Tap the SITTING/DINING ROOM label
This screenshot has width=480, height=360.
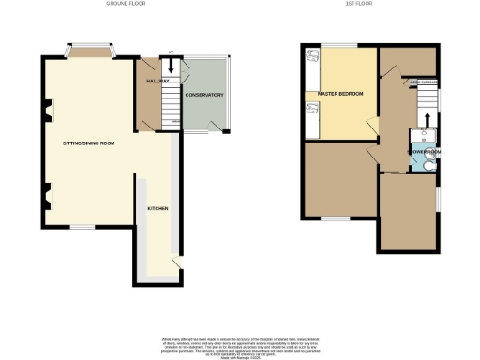point(88,143)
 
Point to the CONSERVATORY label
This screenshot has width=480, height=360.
point(203,95)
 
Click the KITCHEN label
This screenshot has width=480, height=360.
point(157,208)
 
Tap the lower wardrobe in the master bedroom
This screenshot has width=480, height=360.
point(312,116)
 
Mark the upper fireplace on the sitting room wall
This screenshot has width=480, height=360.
point(44,118)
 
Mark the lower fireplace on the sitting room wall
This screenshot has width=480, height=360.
point(44,197)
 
